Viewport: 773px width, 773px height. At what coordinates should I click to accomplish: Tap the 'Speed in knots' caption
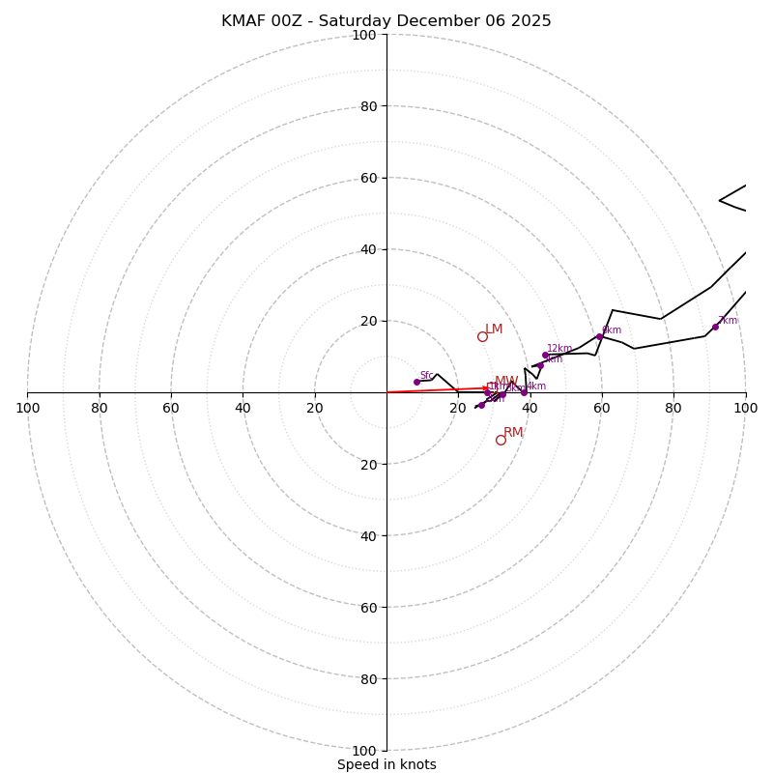click(386, 764)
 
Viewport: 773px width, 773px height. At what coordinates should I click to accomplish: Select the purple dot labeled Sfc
click(416, 382)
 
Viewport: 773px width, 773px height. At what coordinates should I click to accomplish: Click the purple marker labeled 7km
click(715, 327)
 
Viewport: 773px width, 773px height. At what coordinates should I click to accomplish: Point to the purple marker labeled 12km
click(545, 355)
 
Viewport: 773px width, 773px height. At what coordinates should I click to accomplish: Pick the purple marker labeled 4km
click(525, 392)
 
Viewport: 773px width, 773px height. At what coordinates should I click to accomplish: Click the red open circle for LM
click(482, 336)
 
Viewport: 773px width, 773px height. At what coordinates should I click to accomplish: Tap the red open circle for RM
click(501, 440)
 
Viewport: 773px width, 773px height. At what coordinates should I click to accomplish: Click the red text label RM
click(513, 433)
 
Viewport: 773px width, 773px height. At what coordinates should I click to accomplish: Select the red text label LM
click(494, 329)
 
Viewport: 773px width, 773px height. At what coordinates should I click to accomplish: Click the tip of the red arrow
click(491, 388)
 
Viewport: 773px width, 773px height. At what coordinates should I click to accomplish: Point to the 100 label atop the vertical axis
click(363, 35)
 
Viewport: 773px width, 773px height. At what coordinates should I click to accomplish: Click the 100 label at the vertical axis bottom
click(363, 751)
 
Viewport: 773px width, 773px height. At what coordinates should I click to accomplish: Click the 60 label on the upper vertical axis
click(367, 178)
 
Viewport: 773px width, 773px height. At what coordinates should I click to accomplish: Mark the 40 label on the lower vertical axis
click(367, 535)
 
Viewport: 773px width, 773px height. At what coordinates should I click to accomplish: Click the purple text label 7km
click(728, 321)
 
